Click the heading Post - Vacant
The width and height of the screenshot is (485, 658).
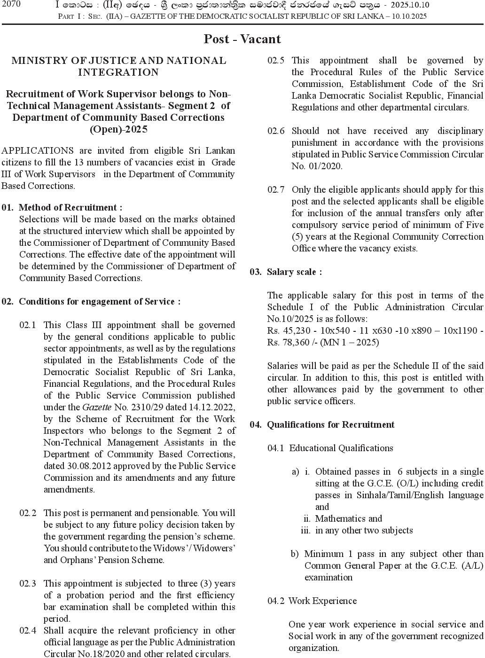(x=242, y=39)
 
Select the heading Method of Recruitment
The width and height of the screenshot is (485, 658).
(x=70, y=207)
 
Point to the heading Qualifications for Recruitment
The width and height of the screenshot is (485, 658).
(x=330, y=424)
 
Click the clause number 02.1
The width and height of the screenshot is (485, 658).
(x=28, y=325)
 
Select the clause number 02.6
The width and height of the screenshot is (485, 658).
(x=276, y=131)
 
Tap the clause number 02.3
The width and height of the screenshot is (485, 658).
(x=28, y=583)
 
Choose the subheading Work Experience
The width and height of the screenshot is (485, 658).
(x=322, y=601)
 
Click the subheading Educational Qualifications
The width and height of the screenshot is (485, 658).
(x=341, y=448)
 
